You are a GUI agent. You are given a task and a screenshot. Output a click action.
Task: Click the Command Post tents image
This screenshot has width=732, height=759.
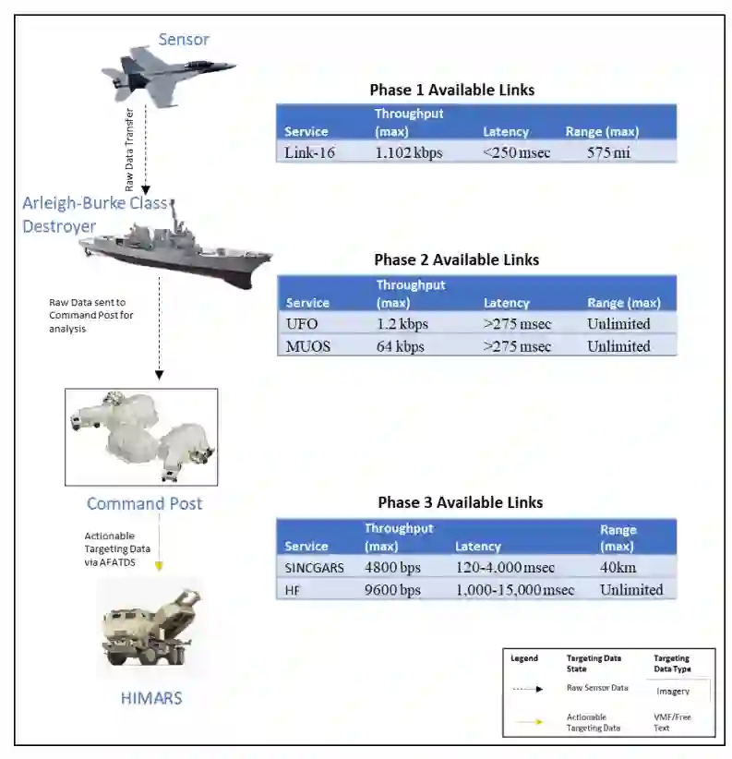pyautogui.click(x=141, y=437)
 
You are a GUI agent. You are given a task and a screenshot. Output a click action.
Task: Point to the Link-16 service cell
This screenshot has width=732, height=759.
pyautogui.click(x=309, y=152)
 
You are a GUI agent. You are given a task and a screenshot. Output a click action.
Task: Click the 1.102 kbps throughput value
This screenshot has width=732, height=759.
pyautogui.click(x=408, y=152)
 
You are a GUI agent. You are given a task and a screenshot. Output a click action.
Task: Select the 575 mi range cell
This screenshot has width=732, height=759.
pyautogui.click(x=608, y=152)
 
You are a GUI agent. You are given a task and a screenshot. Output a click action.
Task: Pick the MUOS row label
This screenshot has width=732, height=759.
pyautogui.click(x=308, y=346)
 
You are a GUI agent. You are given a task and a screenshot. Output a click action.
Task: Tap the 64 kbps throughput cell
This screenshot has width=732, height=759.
pyautogui.click(x=401, y=346)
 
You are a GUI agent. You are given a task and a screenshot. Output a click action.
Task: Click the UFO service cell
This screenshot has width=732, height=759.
pyautogui.click(x=303, y=324)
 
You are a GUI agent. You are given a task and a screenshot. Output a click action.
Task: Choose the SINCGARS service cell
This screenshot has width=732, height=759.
pyautogui.click(x=314, y=567)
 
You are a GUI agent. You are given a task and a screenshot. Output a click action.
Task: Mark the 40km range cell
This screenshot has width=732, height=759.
pyautogui.click(x=618, y=567)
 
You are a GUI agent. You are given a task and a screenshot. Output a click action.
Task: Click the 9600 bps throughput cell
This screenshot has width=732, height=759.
pyautogui.click(x=392, y=589)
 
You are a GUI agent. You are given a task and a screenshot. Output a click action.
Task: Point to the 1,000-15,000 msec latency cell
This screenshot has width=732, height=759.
pyautogui.click(x=514, y=589)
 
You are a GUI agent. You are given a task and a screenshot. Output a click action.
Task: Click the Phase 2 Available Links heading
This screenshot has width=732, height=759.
pyautogui.click(x=456, y=259)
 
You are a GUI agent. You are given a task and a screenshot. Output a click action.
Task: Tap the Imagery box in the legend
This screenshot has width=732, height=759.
pyautogui.click(x=672, y=691)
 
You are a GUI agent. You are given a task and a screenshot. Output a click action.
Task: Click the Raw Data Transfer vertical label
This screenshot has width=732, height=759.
pyautogui.click(x=130, y=152)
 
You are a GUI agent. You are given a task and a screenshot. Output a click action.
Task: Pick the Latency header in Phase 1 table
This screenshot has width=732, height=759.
pyautogui.click(x=505, y=131)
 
